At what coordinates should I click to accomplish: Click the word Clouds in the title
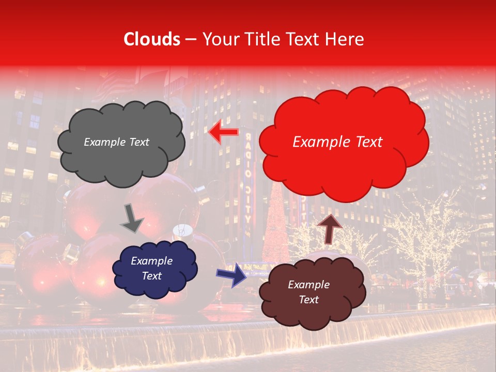(x=152, y=39)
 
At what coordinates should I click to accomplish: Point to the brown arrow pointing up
(x=329, y=228)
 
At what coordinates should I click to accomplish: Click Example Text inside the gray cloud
(x=116, y=142)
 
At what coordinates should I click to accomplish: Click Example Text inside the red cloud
(x=337, y=142)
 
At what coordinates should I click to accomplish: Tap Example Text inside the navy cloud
(x=151, y=268)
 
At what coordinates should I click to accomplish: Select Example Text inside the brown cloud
(x=308, y=292)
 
